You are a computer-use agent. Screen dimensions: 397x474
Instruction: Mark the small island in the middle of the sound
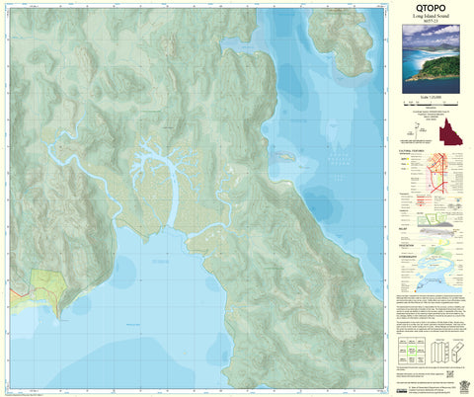pyautogui.click(x=286, y=156)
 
